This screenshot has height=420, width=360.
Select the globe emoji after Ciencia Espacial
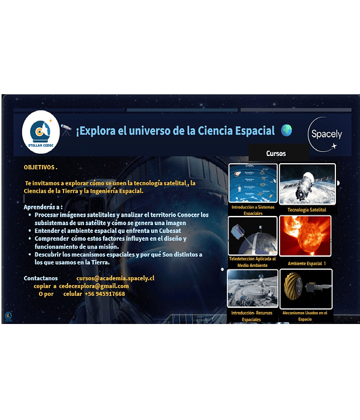click(286, 130)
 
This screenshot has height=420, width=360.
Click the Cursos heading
click(276, 154)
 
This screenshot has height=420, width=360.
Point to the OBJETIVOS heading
click(40, 167)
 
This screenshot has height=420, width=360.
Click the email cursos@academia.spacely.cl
click(115, 278)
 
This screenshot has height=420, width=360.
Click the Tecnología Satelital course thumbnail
click(306, 184)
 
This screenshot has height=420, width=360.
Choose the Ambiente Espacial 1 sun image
click(306, 236)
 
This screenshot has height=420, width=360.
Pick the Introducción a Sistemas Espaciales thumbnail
click(253, 182)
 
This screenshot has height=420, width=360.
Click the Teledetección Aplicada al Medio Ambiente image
click(253, 235)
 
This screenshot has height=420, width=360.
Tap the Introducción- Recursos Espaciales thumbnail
click(253, 288)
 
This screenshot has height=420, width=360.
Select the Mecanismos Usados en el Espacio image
click(306, 289)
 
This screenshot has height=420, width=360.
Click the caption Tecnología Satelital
click(307, 210)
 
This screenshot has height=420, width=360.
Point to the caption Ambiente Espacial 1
click(307, 263)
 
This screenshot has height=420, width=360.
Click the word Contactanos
click(41, 278)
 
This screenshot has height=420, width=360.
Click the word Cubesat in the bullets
click(171, 230)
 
